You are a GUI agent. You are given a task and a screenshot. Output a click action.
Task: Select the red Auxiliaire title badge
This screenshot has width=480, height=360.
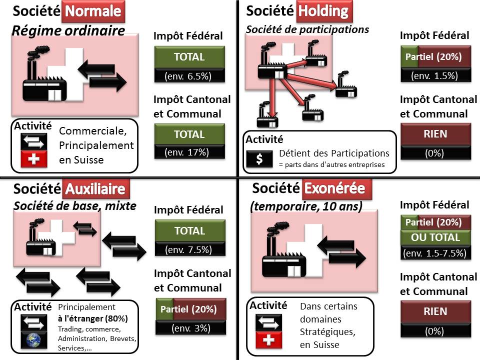point(97,189)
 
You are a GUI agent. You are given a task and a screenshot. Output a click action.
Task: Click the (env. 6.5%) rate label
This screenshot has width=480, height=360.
point(188,76)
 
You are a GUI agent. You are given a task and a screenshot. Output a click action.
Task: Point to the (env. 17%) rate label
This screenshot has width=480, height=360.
point(188,152)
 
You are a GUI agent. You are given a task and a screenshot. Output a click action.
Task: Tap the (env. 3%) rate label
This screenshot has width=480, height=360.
point(190,328)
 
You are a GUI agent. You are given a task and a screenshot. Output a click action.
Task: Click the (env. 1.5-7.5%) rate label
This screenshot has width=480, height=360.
point(434,253)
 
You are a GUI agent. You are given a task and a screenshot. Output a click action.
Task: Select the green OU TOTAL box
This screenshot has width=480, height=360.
point(435,236)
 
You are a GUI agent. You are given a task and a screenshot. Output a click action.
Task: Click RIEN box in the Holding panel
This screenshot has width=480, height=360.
point(435,134)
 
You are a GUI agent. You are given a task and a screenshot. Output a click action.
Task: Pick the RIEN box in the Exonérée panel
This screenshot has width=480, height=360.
point(435,311)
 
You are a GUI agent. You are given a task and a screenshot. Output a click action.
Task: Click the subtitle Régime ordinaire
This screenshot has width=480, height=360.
point(68,31)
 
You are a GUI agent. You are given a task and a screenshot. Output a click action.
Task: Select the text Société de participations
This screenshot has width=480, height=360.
point(307,29)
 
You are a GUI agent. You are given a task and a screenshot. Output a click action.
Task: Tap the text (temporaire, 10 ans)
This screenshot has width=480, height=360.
point(305,206)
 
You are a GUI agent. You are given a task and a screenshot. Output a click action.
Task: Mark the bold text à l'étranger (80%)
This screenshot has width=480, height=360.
point(92,318)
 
